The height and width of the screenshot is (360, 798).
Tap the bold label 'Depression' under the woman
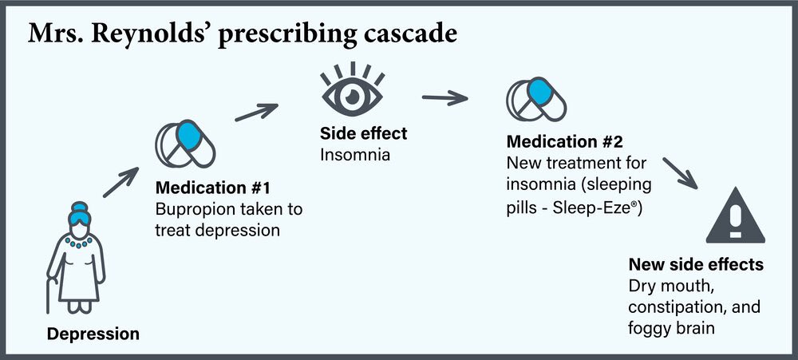(93, 334)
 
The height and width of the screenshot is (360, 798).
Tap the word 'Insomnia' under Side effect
(355, 154)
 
